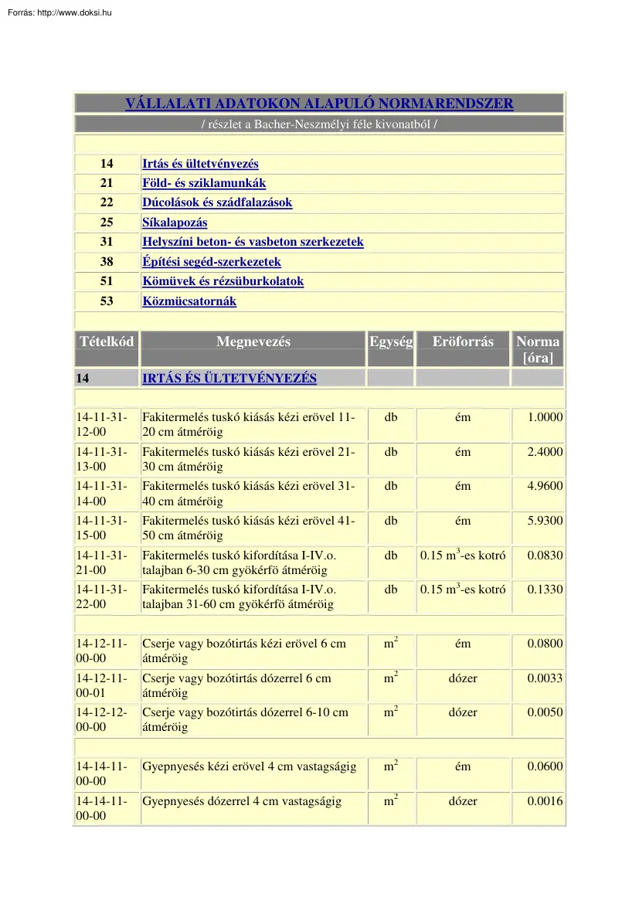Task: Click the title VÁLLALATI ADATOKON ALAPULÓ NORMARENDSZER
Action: (x=319, y=104)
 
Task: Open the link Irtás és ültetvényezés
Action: (x=200, y=164)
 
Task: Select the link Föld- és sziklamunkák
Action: (x=204, y=183)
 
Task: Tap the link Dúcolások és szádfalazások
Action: (x=217, y=203)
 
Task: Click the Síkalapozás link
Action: (x=175, y=223)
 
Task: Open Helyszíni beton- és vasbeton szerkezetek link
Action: (x=253, y=242)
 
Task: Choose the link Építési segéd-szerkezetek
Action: (x=212, y=262)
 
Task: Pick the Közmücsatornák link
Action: (x=189, y=301)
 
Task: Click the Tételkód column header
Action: (x=107, y=342)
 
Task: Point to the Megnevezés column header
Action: (x=253, y=342)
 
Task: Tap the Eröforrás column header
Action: (x=463, y=342)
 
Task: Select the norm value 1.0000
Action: (x=545, y=417)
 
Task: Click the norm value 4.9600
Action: (x=545, y=486)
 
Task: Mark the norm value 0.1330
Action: (x=545, y=590)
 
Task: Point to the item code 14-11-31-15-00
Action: (x=101, y=528)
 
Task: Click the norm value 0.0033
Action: (x=545, y=678)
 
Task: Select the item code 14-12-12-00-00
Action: (x=101, y=719)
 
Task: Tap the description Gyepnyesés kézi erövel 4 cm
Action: (x=249, y=766)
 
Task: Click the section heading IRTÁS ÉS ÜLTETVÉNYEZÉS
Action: (x=229, y=379)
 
